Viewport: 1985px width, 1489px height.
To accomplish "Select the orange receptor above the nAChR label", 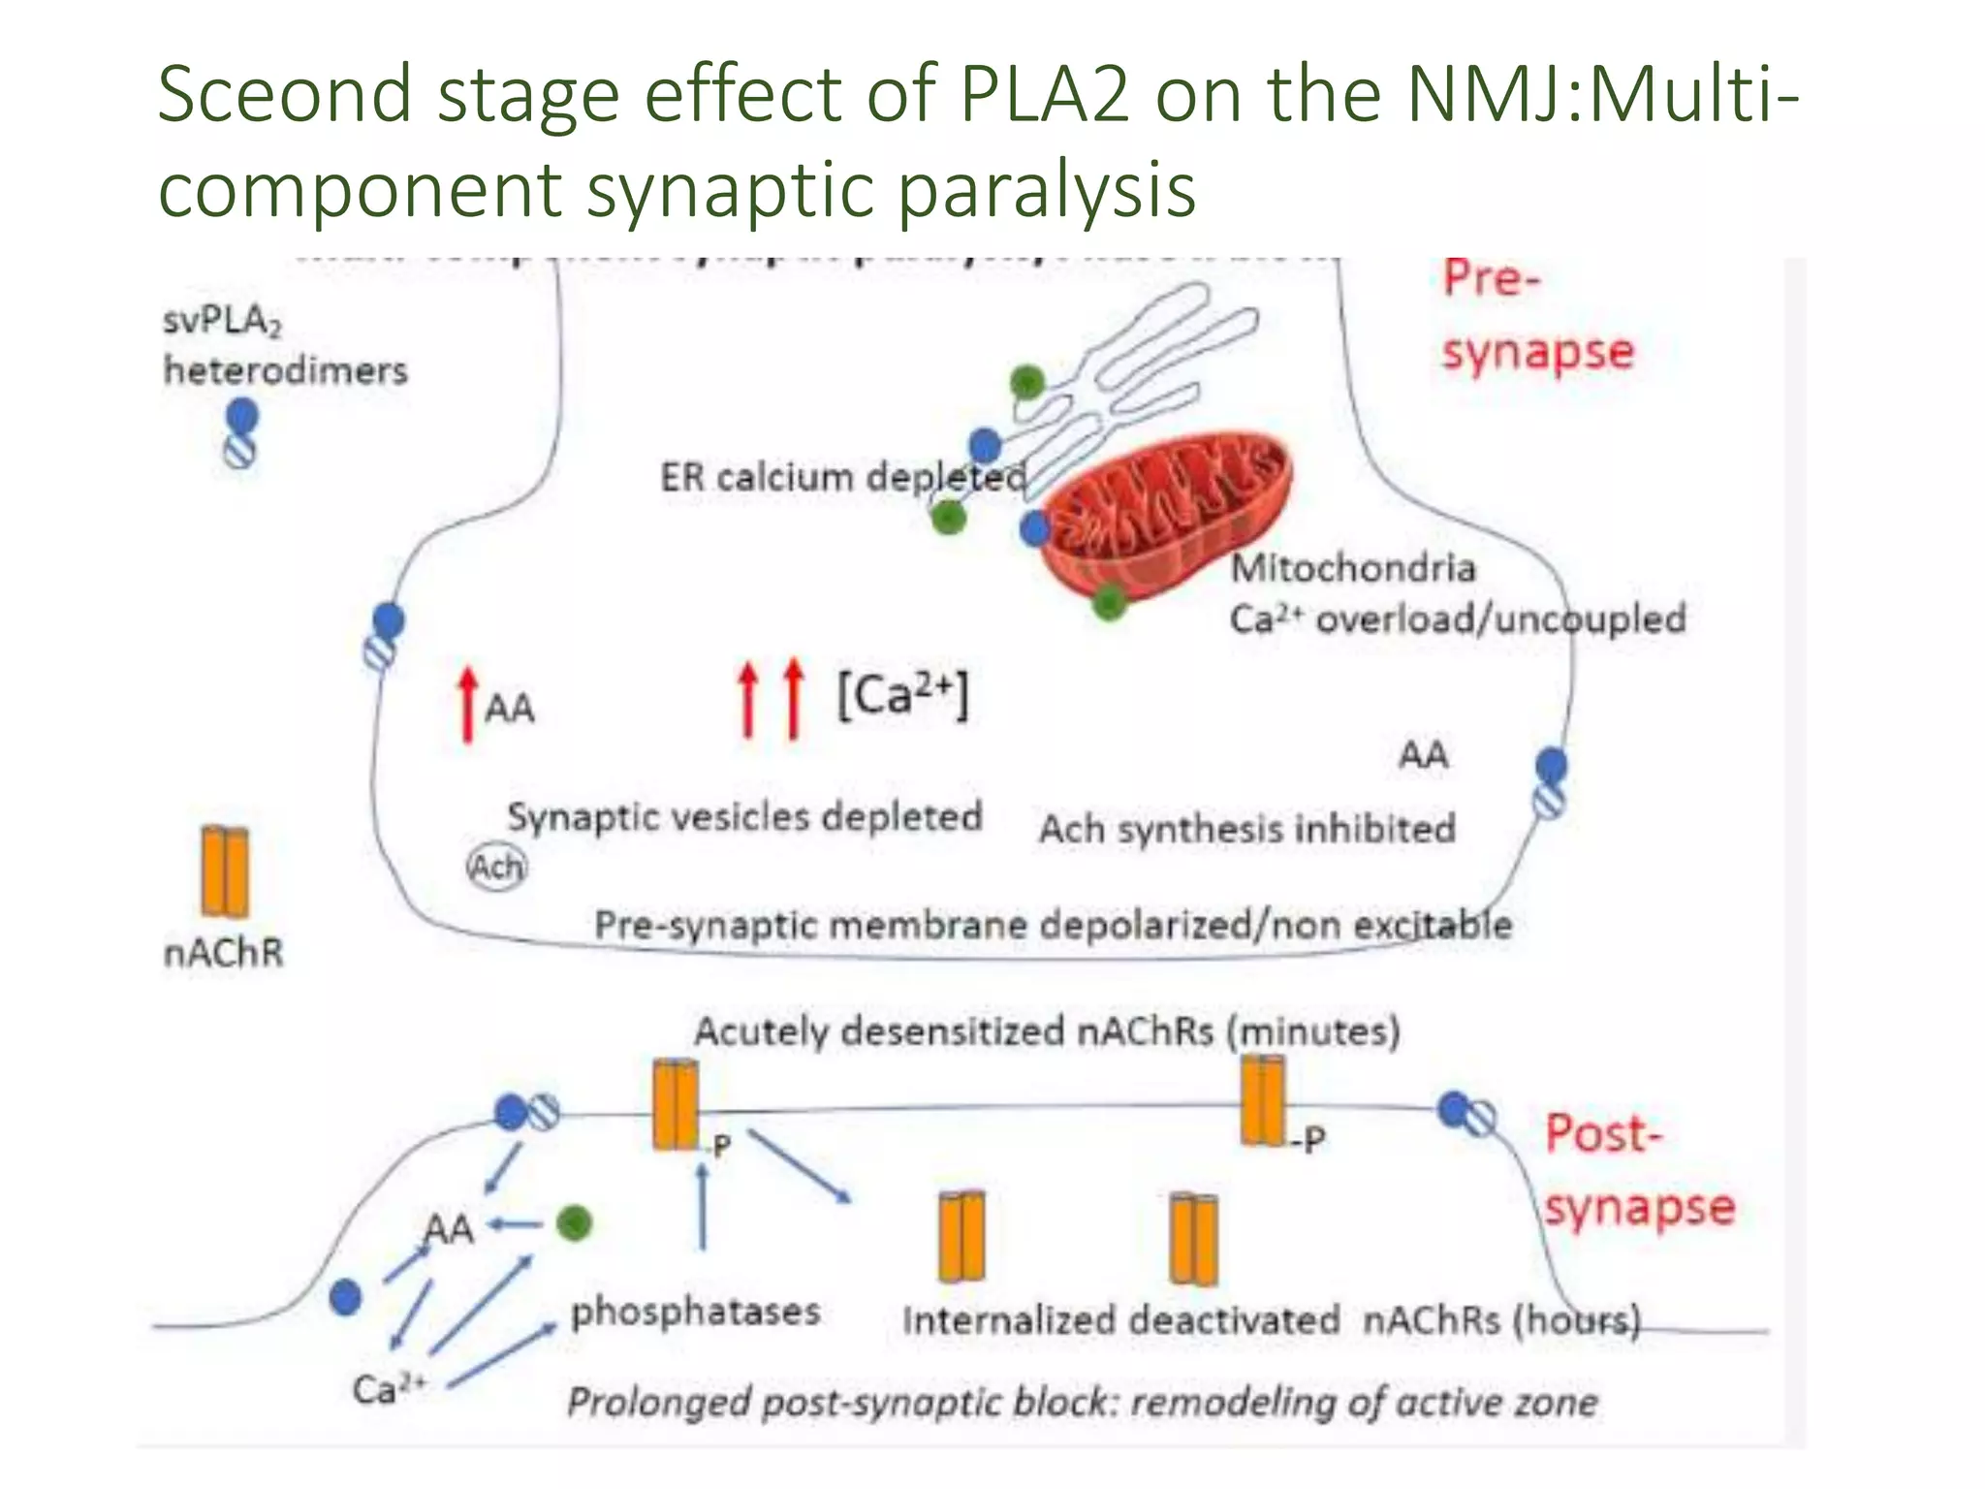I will (225, 871).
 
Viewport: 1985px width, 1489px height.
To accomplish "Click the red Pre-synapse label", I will (1536, 315).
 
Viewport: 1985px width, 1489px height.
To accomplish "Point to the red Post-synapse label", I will (1638, 1171).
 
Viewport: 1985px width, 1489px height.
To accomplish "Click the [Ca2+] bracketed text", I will (902, 695).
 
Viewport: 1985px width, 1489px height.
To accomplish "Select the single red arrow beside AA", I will (468, 705).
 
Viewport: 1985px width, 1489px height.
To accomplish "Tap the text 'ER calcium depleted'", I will (842, 477).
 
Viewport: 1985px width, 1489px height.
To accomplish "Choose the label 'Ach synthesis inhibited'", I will (1246, 830).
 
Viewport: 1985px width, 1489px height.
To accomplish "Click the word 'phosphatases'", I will (695, 1312).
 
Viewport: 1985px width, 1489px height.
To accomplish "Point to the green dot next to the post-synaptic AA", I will (575, 1223).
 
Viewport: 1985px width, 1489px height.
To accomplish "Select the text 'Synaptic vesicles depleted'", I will (744, 816).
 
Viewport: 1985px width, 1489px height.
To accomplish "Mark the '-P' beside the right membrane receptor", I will (1308, 1139).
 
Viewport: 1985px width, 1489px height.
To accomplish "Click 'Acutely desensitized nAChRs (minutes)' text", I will (1047, 1030).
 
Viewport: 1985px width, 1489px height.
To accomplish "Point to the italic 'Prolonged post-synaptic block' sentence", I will (1081, 1403).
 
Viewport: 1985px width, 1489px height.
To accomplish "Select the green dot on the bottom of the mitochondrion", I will (1110, 603).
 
